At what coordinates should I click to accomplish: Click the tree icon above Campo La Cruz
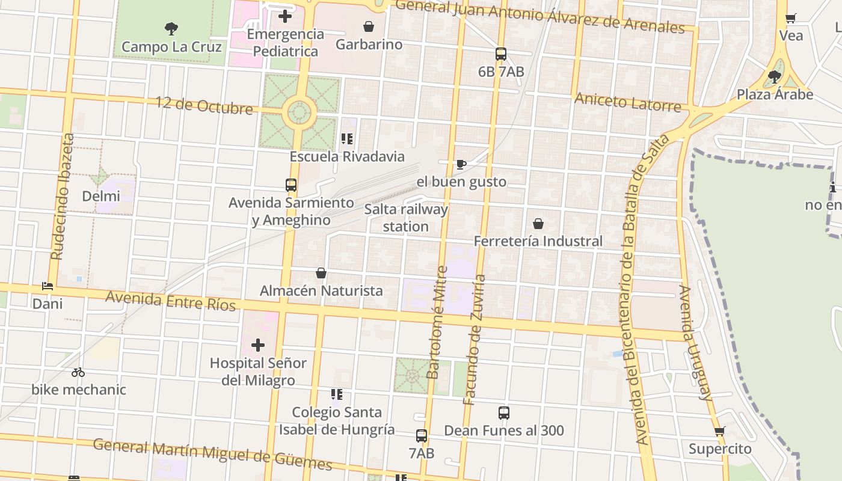pyautogui.click(x=171, y=28)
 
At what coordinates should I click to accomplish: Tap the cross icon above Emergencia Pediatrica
pyautogui.click(x=285, y=16)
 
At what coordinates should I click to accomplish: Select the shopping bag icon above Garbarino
pyautogui.click(x=369, y=26)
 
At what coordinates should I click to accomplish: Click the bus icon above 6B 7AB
pyautogui.click(x=501, y=54)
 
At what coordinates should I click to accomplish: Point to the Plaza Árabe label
pyautogui.click(x=775, y=94)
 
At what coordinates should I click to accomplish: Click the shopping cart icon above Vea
pyautogui.click(x=791, y=18)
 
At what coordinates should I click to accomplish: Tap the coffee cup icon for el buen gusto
pyautogui.click(x=461, y=164)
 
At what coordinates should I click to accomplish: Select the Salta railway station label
pyautogui.click(x=406, y=218)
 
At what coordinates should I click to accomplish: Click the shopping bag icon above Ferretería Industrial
pyautogui.click(x=538, y=224)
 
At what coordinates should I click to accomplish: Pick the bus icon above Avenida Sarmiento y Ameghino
pyautogui.click(x=291, y=185)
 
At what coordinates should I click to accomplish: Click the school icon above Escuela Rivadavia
pyautogui.click(x=347, y=139)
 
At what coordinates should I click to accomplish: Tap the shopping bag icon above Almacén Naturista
pyautogui.click(x=321, y=273)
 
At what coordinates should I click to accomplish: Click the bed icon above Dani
pyautogui.click(x=48, y=286)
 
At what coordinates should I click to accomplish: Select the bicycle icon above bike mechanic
pyautogui.click(x=78, y=372)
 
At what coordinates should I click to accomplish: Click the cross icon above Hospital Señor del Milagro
pyautogui.click(x=258, y=345)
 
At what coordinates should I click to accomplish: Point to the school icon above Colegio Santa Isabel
pyautogui.click(x=337, y=394)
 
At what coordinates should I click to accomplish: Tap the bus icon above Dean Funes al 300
pyautogui.click(x=504, y=413)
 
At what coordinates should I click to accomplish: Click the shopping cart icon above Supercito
pyautogui.click(x=720, y=431)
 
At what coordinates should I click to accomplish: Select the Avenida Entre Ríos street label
pyautogui.click(x=171, y=301)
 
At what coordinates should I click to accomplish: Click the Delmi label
pyautogui.click(x=101, y=196)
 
